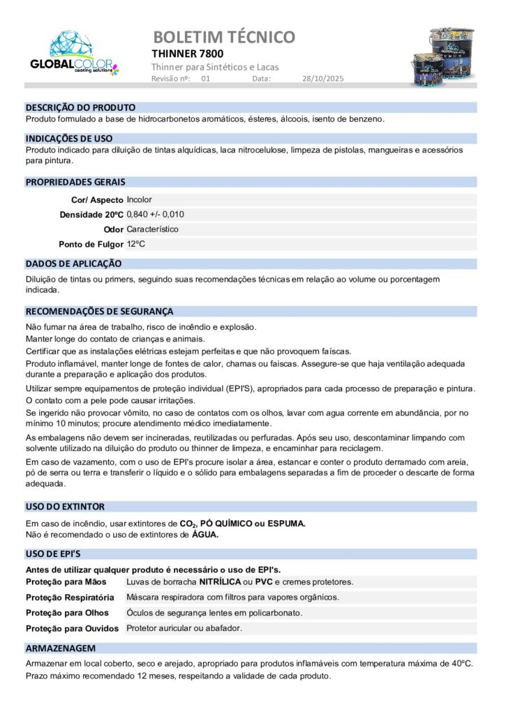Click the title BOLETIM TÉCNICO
[x=223, y=37]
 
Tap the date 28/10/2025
[x=323, y=79]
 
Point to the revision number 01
[x=206, y=79]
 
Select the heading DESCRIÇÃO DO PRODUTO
[x=80, y=108]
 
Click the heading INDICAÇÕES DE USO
[x=68, y=139]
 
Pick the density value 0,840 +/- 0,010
[x=155, y=214]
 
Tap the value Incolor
[x=139, y=199]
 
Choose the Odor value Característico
[x=152, y=229]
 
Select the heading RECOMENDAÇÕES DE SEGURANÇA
[x=99, y=312]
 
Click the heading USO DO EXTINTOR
[x=65, y=507]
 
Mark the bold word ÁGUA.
[x=205, y=535]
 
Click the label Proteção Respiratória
[x=70, y=598]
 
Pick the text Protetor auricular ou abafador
[x=184, y=628]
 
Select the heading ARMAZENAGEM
[x=60, y=648]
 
